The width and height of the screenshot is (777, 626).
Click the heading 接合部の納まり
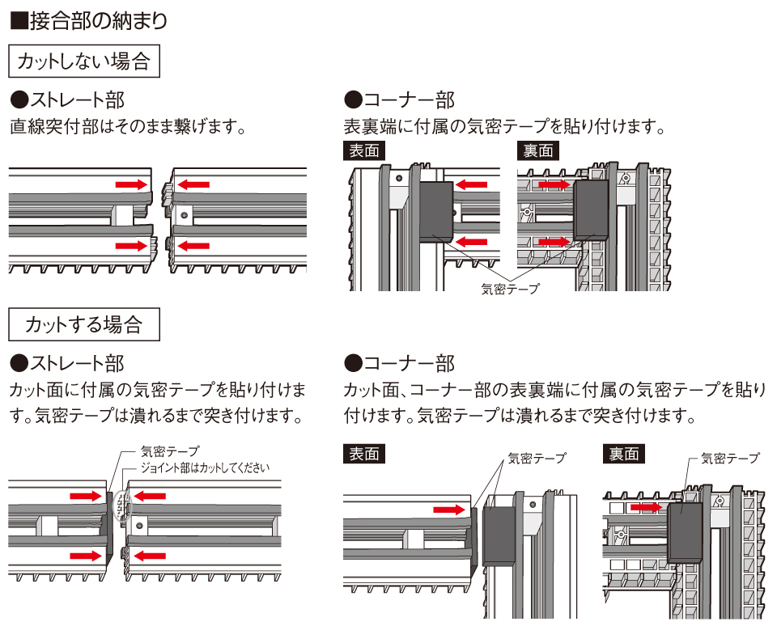pos(90,19)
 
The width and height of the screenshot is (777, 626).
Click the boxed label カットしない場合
pos(83,61)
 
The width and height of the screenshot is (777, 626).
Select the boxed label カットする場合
pos(83,324)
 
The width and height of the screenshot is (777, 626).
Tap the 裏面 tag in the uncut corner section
pos(537,150)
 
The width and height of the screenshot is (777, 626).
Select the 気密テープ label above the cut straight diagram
pos(170,451)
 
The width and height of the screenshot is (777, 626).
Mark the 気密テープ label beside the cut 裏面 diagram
pos(731,458)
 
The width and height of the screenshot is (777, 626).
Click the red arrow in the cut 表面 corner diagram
pos(450,510)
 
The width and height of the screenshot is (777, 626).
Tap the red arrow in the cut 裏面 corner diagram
pos(647,507)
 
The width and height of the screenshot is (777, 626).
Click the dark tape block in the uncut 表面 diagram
pos(437,210)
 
